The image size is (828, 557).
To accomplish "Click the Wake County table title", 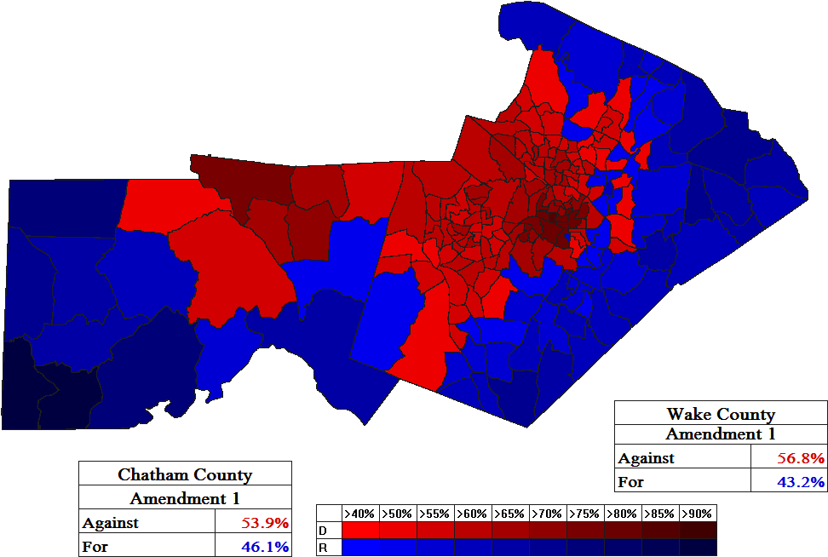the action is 721,414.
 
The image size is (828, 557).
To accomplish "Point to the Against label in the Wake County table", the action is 647,458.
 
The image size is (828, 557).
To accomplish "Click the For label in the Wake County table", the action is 631,481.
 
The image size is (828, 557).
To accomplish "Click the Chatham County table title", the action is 185,474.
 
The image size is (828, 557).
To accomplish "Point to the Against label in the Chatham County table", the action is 111,522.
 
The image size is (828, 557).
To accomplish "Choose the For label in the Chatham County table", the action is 95,546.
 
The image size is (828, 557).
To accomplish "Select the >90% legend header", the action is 697,514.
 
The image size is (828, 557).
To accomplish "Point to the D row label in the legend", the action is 324,531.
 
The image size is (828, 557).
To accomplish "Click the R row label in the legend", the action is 324,547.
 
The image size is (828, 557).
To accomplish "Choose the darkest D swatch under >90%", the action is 697,531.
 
